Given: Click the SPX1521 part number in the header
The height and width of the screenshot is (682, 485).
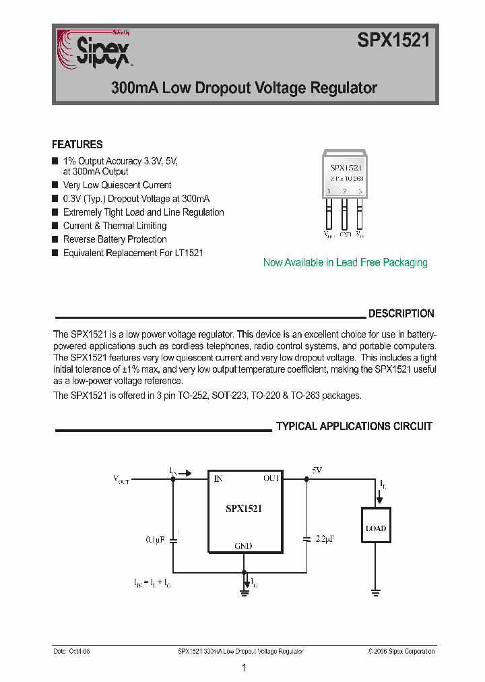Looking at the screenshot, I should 393,41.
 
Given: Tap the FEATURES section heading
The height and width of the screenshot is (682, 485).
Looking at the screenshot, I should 77,144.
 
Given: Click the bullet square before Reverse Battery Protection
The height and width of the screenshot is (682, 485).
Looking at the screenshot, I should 55,239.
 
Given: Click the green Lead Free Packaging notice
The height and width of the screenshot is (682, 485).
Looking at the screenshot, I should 345,263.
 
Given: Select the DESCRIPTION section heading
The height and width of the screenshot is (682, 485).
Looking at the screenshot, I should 401,313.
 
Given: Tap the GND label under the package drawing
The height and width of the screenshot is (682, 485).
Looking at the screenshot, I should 345,235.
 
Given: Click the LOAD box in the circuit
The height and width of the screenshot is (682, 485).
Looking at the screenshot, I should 376,528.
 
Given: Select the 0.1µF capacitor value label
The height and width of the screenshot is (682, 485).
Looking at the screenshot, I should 155,540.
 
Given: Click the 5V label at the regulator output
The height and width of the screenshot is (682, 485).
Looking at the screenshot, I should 317,470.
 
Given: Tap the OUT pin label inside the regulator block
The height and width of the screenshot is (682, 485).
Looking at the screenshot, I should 271,478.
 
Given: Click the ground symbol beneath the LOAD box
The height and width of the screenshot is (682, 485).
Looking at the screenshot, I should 376,592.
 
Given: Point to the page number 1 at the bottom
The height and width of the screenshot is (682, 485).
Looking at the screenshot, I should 244,668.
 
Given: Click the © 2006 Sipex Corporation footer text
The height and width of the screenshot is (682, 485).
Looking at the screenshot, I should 401,651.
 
